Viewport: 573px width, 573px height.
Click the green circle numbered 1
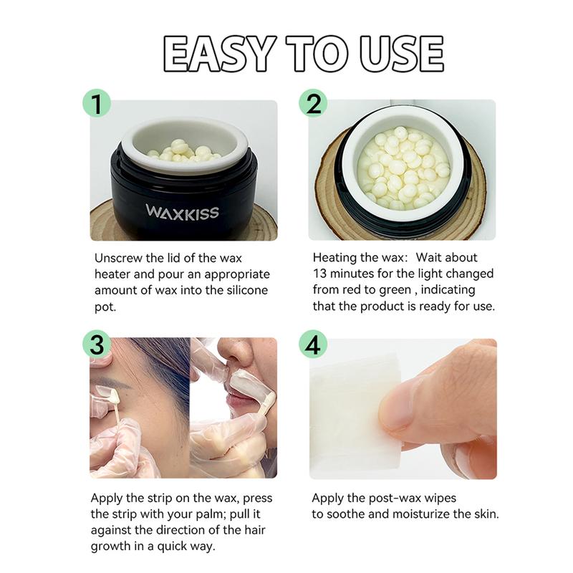pyautogui.click(x=97, y=102)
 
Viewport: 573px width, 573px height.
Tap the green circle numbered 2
pyautogui.click(x=313, y=102)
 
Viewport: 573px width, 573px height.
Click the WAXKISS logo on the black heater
pyautogui.click(x=183, y=211)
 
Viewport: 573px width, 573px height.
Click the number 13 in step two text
pyautogui.click(x=321, y=274)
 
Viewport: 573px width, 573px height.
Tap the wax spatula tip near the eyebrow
pyautogui.click(x=107, y=392)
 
